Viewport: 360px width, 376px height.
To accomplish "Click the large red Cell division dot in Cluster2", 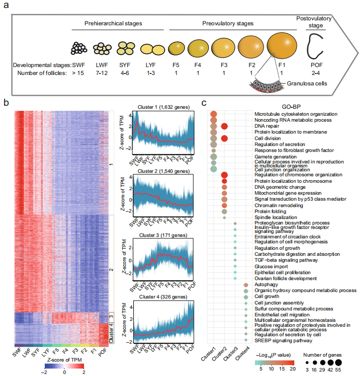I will pyautogui.click(x=224, y=139).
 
